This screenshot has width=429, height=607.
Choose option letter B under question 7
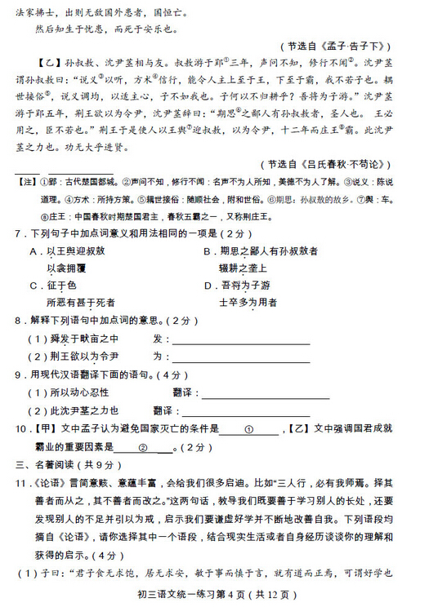pyautogui.click(x=206, y=251)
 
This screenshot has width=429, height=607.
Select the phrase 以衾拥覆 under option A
pyautogui.click(x=66, y=268)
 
